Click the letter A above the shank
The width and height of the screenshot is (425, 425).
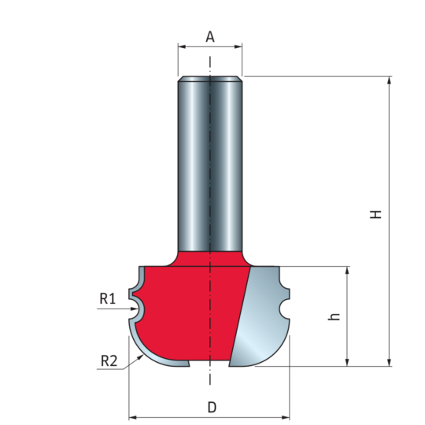click(210, 36)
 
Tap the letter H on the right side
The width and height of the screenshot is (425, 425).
click(376, 214)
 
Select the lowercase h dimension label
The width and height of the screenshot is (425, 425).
click(334, 317)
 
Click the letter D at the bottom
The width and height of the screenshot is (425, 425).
click(212, 407)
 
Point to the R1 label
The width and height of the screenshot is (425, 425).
click(108, 299)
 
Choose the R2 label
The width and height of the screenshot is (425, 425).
click(109, 361)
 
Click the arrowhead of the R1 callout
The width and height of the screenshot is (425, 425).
click(135, 309)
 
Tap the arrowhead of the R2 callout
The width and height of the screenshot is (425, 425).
click(140, 357)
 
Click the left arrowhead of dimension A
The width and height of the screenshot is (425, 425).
click(182, 46)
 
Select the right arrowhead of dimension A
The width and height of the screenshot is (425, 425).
click(238, 46)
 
